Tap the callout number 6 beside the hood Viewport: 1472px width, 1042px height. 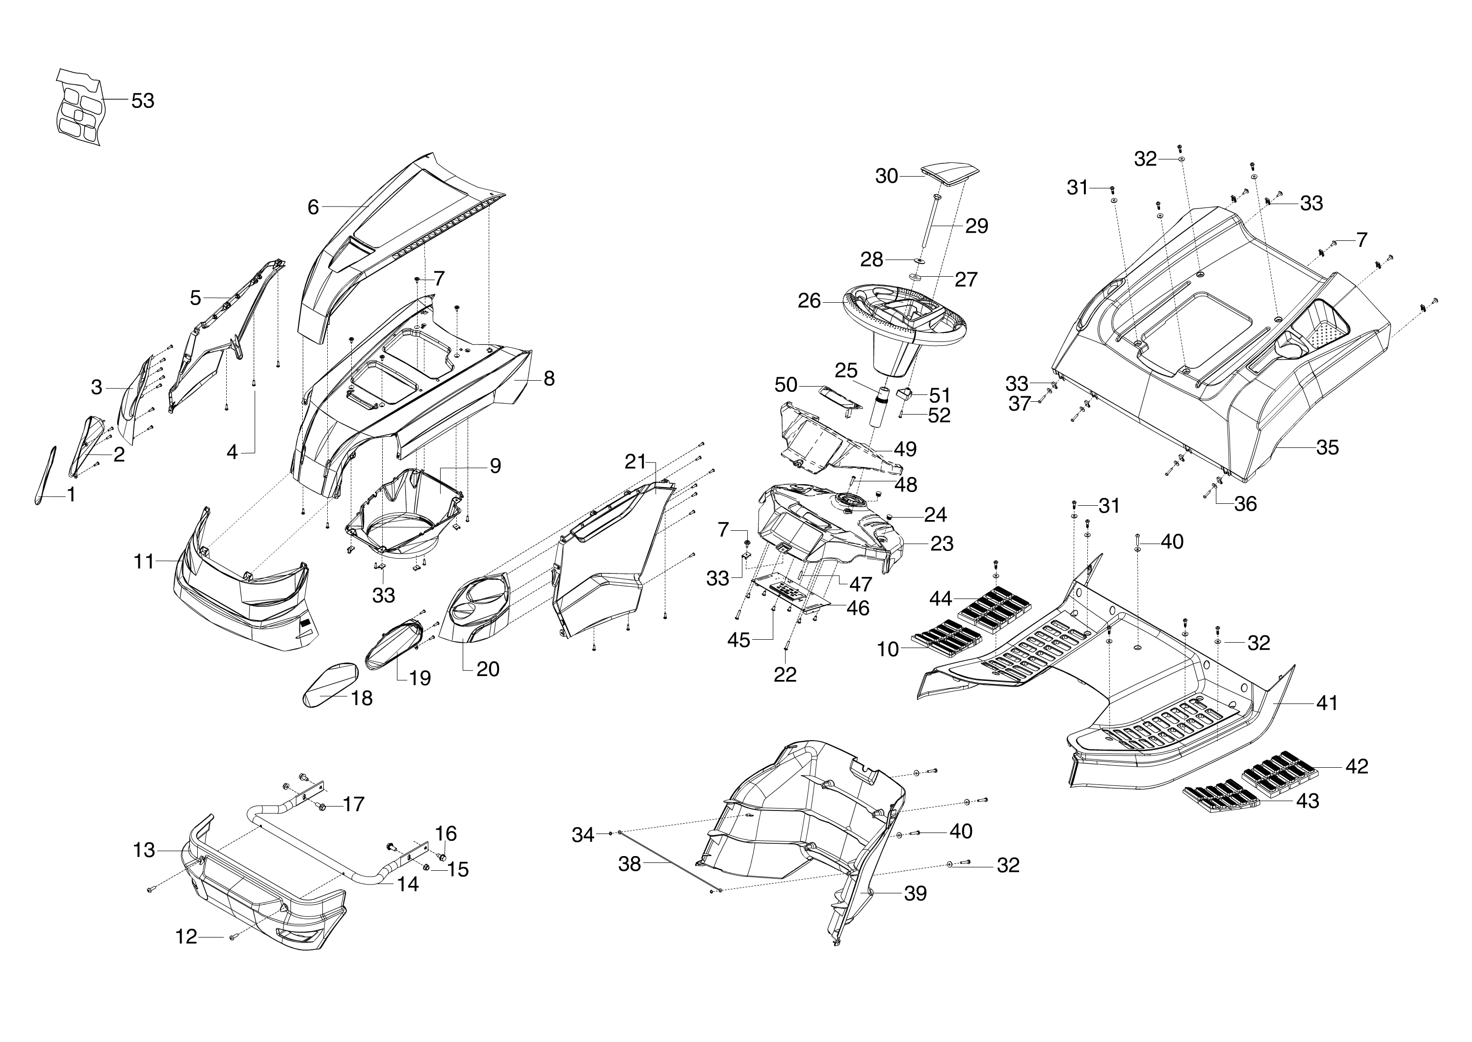(x=313, y=207)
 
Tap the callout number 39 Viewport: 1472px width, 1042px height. (x=915, y=893)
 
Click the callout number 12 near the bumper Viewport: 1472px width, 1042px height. (x=186, y=938)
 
